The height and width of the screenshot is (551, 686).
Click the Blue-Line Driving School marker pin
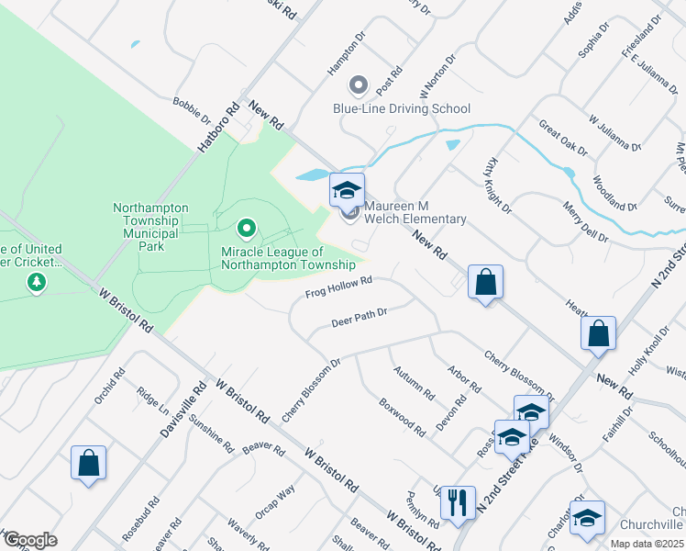tap(359, 86)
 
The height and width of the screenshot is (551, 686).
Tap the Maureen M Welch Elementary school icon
tap(348, 190)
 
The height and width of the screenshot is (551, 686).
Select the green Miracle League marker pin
tap(245, 226)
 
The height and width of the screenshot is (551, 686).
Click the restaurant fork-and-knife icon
tap(457, 502)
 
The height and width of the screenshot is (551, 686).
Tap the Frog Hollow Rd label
tap(338, 288)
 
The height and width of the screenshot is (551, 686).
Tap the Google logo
tap(30, 540)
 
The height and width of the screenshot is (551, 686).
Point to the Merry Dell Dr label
tap(586, 222)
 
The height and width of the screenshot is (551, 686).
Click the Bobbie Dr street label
tap(192, 110)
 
